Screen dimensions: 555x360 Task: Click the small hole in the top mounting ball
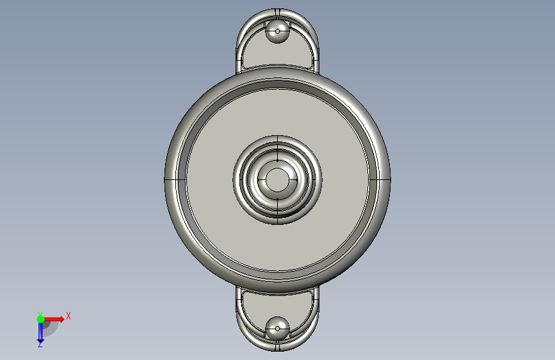point(278,31)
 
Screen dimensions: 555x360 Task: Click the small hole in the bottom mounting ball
point(278,329)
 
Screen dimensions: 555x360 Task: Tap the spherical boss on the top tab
point(278,31)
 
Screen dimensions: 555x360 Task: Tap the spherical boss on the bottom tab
point(278,329)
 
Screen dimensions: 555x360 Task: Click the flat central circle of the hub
point(278,179)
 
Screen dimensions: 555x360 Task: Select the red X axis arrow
point(53,319)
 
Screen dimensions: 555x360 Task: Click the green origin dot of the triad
point(40,319)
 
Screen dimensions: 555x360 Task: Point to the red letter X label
point(68,316)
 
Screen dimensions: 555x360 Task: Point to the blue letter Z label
point(40,345)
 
